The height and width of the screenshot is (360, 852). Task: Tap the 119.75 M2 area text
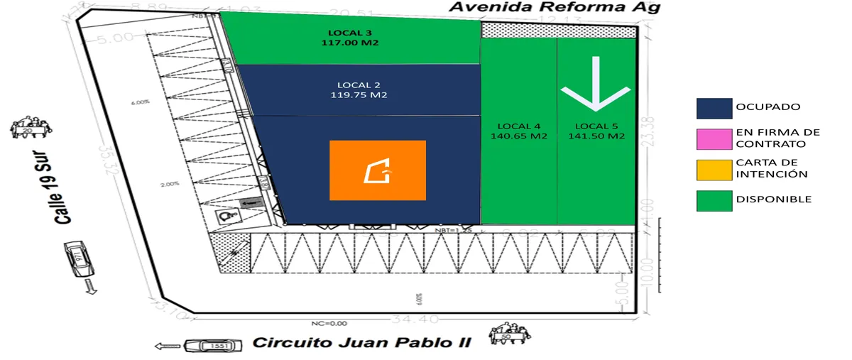point(359,94)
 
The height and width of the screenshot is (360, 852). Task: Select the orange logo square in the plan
point(378,170)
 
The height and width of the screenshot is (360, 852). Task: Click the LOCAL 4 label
point(518,126)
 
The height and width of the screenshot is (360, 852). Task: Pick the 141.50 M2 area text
point(596,136)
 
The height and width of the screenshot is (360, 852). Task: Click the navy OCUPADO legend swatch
point(714,107)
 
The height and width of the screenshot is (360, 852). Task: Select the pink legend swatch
point(714,138)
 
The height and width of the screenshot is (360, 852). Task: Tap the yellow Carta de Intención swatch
point(714,168)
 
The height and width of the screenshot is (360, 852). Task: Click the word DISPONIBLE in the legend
point(773,200)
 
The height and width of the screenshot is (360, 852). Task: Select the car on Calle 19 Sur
point(80,261)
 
